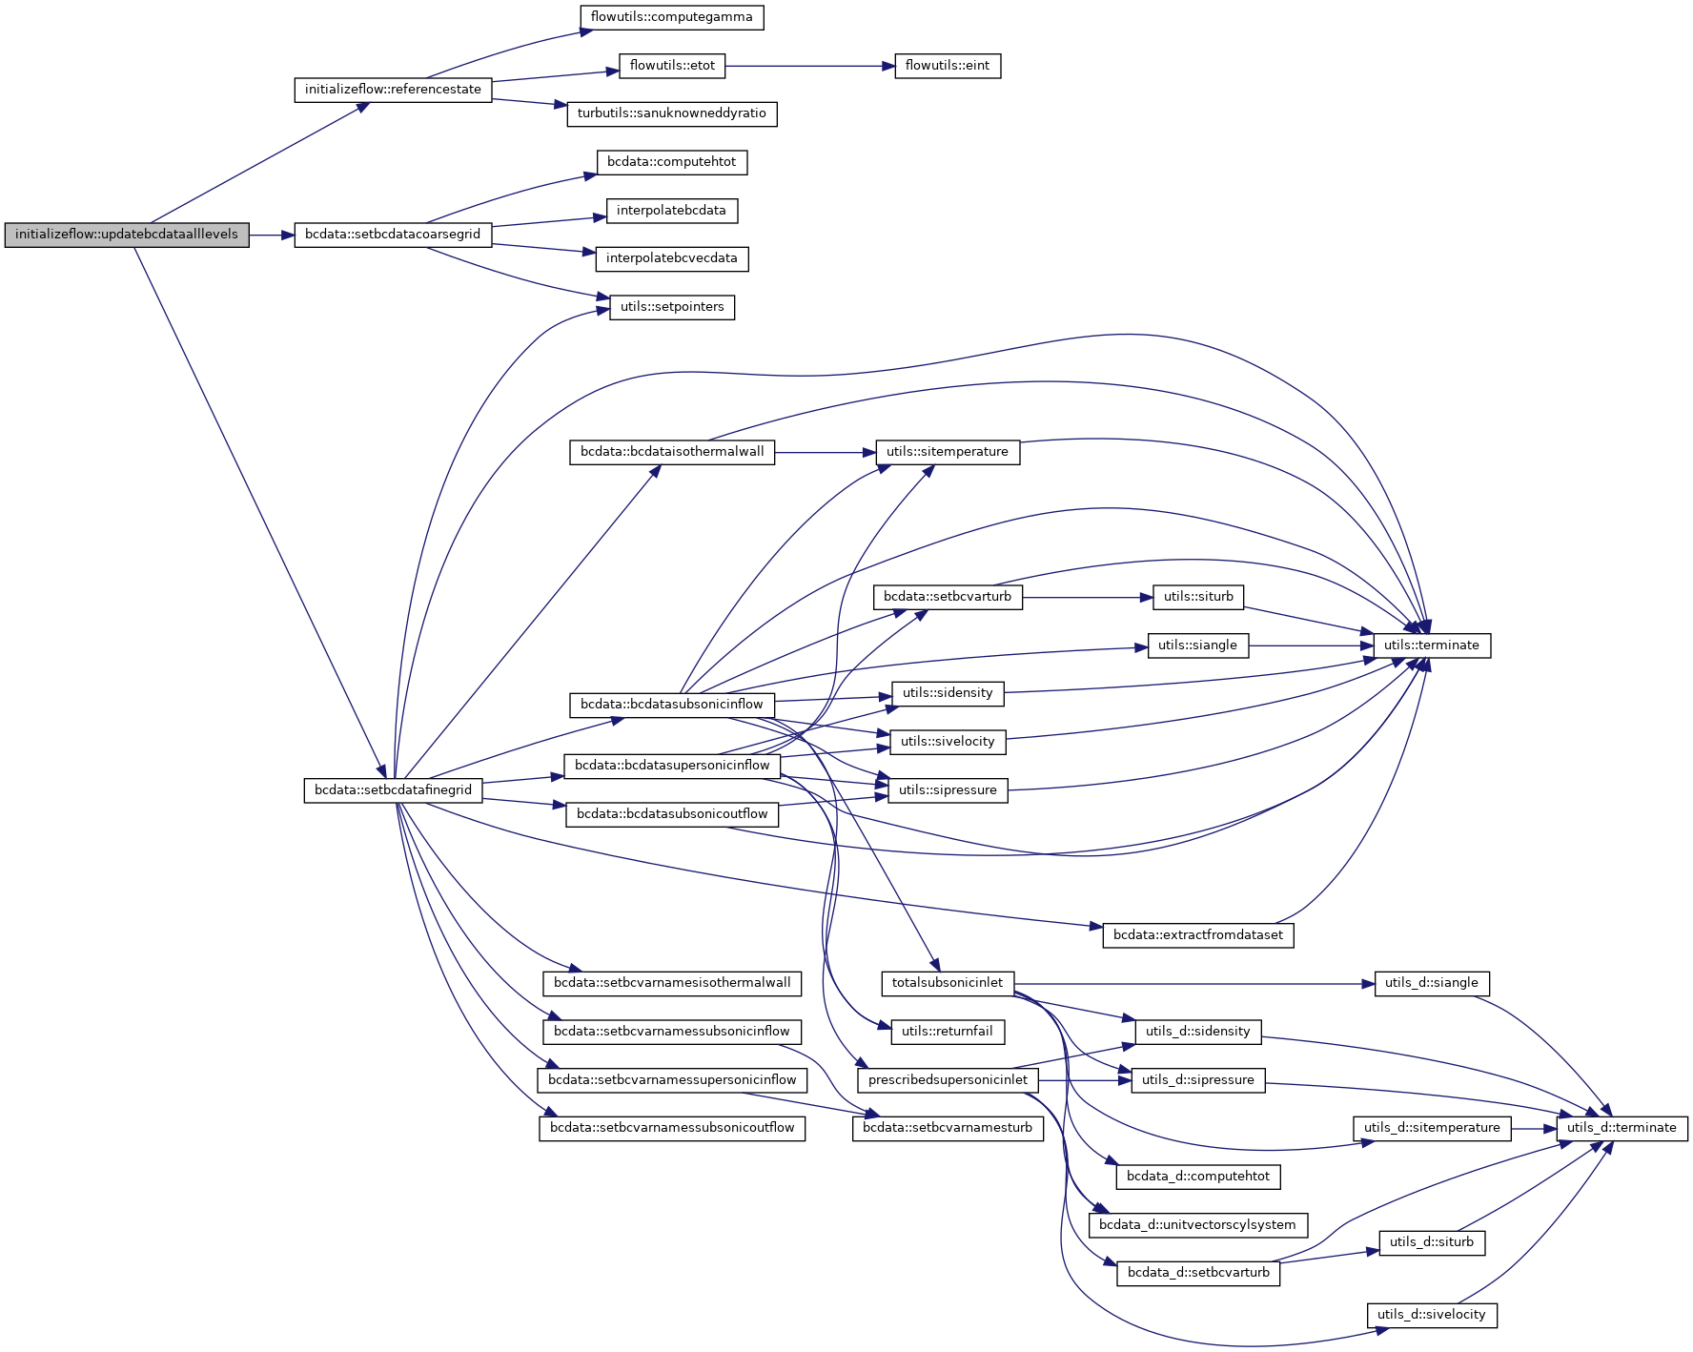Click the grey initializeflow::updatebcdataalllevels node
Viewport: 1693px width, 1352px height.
127,235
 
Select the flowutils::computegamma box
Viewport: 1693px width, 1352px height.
671,17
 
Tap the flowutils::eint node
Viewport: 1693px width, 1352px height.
948,66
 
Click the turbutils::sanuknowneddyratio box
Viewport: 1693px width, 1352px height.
671,113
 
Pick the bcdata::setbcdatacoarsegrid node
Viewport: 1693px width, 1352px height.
393,235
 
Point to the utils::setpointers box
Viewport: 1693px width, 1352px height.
672,307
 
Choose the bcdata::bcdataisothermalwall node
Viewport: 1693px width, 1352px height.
672,452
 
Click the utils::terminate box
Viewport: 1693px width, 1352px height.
1431,645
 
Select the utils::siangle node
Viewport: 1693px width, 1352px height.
1197,645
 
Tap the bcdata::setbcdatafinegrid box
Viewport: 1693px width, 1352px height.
393,790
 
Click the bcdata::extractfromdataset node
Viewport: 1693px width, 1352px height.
1197,935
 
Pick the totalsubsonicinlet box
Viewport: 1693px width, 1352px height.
948,983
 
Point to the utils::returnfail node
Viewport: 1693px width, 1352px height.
948,1032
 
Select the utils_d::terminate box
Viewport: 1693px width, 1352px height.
1622,1128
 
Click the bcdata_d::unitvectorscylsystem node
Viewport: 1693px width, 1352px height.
1197,1225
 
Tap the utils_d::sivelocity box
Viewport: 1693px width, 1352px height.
1431,1315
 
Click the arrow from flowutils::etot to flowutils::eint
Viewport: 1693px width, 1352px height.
810,66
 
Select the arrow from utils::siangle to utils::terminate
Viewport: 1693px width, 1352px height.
1311,645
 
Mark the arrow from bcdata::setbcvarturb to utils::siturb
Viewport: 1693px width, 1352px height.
1087,598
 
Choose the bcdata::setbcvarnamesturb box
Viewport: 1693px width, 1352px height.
948,1128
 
